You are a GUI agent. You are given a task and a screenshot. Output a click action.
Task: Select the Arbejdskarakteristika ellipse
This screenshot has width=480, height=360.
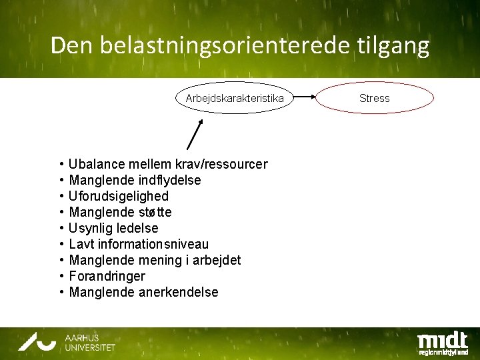229,99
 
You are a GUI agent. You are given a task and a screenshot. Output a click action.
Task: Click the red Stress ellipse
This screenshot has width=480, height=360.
374,99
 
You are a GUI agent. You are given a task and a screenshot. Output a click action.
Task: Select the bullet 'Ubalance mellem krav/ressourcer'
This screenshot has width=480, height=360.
168,164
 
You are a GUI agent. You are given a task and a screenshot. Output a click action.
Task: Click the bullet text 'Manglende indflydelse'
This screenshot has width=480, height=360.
135,180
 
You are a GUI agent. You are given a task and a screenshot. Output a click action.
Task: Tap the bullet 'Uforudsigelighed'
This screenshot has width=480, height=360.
119,196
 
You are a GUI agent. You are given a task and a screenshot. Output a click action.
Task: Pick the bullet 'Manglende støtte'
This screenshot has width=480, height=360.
120,212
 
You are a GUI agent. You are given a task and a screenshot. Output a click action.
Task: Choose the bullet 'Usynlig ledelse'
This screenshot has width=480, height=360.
113,228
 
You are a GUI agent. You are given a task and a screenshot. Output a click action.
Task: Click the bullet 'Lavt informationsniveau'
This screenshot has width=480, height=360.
139,244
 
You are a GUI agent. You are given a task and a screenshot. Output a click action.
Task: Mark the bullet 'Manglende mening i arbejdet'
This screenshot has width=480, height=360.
155,260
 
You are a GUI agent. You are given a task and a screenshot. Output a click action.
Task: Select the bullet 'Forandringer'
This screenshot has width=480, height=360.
107,276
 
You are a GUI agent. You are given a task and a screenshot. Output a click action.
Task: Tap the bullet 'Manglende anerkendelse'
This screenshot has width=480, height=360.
143,292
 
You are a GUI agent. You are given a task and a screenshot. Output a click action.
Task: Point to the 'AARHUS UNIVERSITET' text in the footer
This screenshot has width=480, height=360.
89,343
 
